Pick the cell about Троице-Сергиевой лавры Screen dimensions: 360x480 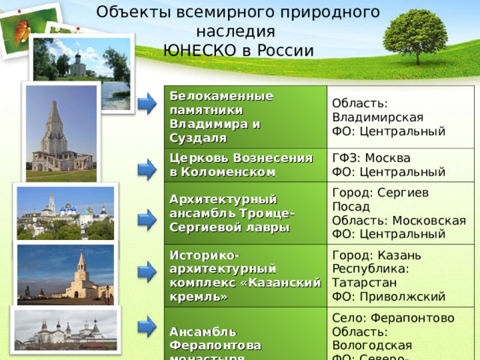(x=232, y=212)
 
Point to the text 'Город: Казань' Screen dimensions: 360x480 (x=370, y=255)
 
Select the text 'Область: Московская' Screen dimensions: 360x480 (x=398, y=220)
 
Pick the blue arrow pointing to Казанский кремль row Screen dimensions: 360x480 (x=146, y=268)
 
